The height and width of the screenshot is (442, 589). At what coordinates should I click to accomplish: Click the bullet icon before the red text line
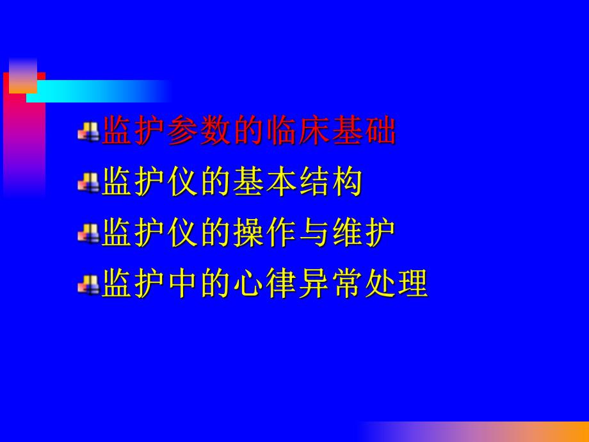(x=88, y=133)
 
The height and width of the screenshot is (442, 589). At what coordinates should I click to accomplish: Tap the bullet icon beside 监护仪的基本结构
(x=88, y=184)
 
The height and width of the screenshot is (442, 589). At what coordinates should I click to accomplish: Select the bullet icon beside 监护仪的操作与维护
(x=88, y=234)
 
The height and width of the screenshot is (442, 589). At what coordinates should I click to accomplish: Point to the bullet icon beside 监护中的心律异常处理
(x=88, y=284)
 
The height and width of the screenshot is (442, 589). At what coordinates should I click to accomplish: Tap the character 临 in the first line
(x=282, y=132)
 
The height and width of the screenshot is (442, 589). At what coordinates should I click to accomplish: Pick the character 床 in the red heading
(x=315, y=132)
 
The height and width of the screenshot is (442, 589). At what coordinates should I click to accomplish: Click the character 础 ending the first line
(x=381, y=132)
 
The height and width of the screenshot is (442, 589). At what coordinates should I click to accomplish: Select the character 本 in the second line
(x=282, y=183)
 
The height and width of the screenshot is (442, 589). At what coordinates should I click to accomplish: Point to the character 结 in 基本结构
(x=315, y=183)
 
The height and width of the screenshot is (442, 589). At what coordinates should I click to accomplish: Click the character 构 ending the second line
(x=348, y=183)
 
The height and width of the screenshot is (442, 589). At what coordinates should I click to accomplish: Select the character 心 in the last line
(x=249, y=284)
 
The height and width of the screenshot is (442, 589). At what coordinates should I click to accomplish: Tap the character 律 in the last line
(x=282, y=284)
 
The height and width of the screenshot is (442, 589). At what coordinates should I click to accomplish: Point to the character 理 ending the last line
(x=414, y=284)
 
